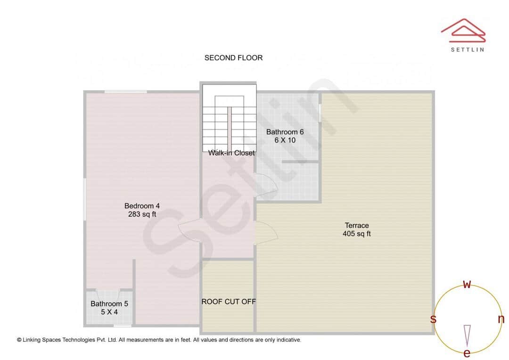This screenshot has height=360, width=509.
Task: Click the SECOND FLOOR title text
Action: tap(233, 58)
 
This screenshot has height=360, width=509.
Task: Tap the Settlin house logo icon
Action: tap(463, 29)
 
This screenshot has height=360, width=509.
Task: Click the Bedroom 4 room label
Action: tap(142, 206)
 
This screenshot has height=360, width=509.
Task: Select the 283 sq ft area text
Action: tap(142, 214)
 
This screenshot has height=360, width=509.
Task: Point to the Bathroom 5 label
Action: tap(109, 304)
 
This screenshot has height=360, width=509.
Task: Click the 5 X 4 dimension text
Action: tap(109, 312)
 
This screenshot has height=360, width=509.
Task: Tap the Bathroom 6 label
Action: tap(285, 132)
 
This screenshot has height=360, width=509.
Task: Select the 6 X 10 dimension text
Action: tap(285, 140)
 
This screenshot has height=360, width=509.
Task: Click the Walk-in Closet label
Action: tap(231, 153)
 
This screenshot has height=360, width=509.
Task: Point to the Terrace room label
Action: tap(356, 225)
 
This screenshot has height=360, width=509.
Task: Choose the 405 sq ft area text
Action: tap(356, 233)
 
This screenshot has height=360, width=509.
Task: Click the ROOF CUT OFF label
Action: tap(229, 302)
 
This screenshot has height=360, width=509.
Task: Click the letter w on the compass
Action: tap(467, 284)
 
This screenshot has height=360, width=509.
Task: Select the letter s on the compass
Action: tap(433, 319)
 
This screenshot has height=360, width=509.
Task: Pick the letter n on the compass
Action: tap(501, 319)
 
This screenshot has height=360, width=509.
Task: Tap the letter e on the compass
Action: tap(467, 353)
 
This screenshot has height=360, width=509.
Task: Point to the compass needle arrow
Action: tap(467, 335)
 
